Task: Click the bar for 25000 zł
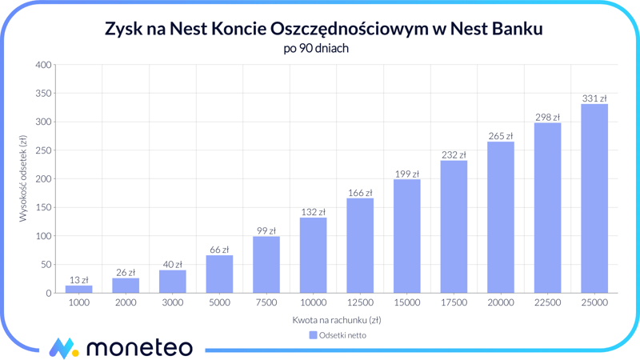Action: click(594, 198)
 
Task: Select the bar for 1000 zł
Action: click(78, 289)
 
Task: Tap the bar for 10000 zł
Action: click(313, 255)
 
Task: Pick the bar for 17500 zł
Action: click(454, 226)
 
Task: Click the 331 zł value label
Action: click(594, 98)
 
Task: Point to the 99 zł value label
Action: click(266, 230)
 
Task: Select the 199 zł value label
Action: click(406, 174)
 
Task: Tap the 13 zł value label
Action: click(78, 280)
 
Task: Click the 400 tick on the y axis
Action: click(43, 65)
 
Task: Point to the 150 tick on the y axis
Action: click(43, 207)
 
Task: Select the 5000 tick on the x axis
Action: click(219, 303)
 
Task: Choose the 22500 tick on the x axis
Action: click(547, 303)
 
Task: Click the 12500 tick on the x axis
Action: click(360, 303)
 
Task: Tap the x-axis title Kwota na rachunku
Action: click(336, 320)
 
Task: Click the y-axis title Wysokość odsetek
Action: click(23, 178)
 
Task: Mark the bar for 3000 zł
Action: click(172, 282)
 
